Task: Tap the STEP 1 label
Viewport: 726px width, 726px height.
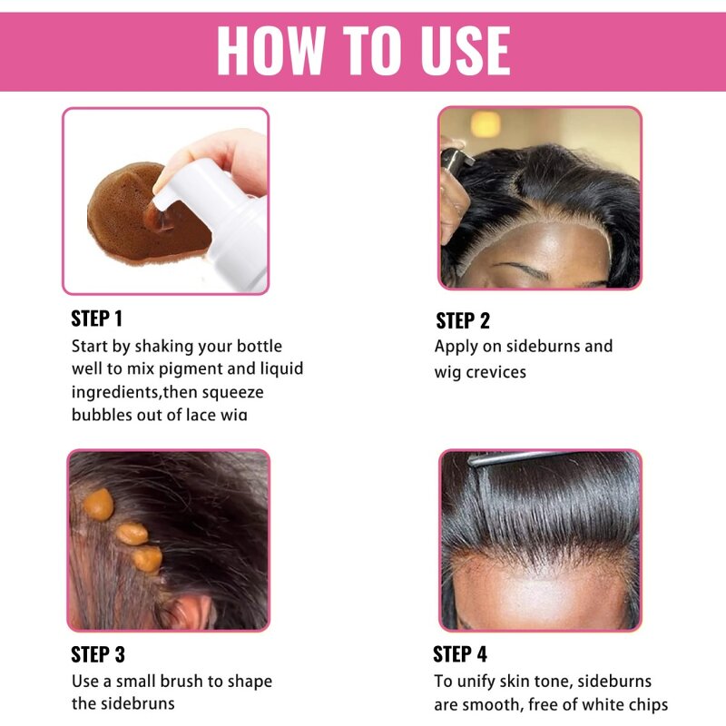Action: pos(96,319)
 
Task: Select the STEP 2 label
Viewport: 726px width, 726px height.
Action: pos(463,320)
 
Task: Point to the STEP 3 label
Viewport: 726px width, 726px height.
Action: pos(98,654)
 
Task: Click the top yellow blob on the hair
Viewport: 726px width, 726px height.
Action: pos(98,505)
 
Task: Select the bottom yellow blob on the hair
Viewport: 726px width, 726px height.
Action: pos(147,558)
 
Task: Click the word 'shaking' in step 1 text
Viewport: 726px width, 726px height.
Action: pos(162,346)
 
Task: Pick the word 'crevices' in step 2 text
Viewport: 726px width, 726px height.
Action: pos(495,372)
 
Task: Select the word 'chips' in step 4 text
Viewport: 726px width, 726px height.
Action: pos(644,704)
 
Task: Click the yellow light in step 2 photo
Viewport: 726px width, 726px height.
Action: pos(486,123)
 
